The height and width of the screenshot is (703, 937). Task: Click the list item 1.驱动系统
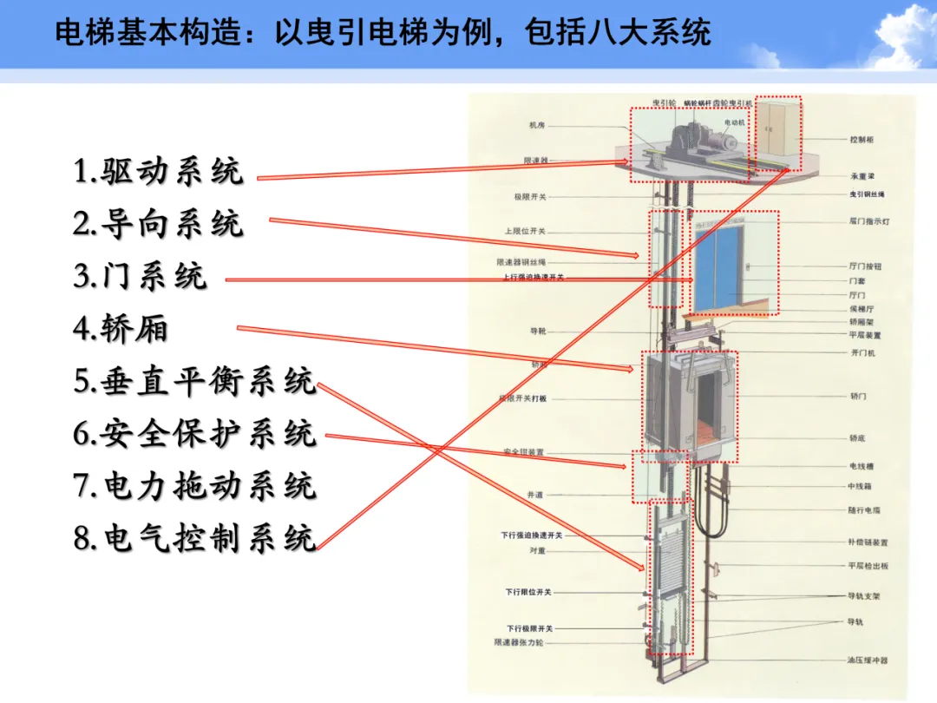pos(158,171)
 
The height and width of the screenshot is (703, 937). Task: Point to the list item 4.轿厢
pos(121,329)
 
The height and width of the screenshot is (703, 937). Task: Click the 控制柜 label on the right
pos(862,139)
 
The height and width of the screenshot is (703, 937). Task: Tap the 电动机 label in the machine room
pos(735,123)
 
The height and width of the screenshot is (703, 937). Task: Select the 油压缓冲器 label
pos(868,660)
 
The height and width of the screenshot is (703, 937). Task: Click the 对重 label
pos(537,550)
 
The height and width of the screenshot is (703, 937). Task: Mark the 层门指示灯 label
pos(868,221)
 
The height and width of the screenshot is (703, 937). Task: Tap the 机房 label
pos(537,125)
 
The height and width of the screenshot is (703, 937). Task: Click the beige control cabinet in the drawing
pos(777,132)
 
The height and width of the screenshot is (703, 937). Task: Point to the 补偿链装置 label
pos(868,542)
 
